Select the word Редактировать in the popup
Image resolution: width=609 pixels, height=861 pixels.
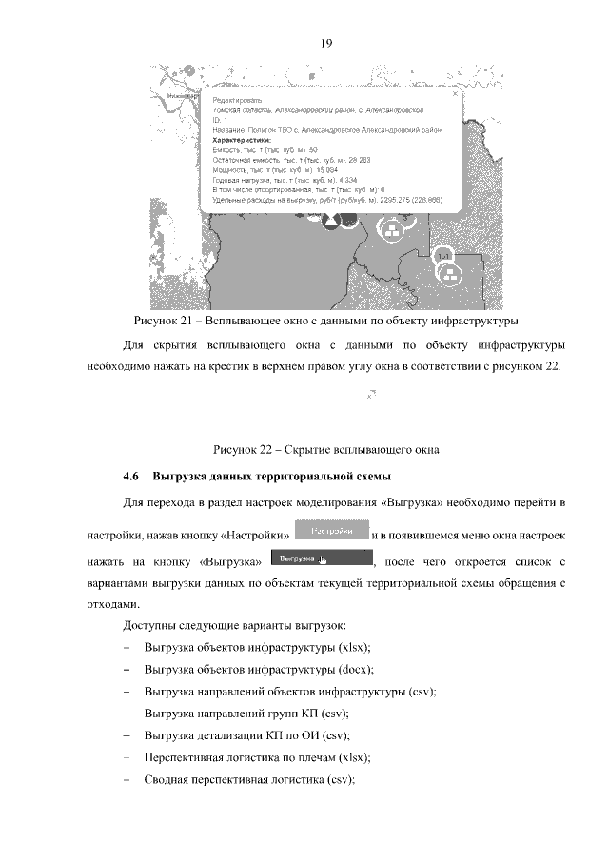237,100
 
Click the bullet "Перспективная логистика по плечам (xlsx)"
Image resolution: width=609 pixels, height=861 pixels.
256,757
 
